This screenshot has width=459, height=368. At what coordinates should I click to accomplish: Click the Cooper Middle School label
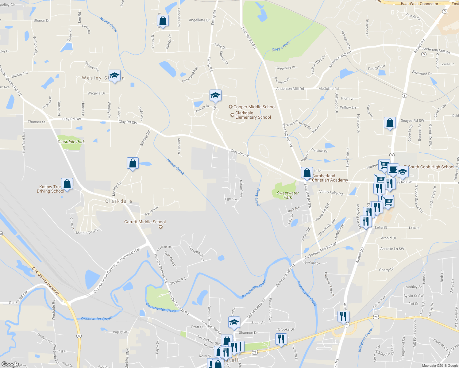[x=254, y=107]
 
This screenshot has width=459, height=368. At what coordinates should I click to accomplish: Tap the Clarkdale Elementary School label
[x=253, y=115]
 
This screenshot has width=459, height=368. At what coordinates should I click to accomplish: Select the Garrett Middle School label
[x=145, y=222]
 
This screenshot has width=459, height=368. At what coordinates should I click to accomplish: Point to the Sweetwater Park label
[x=287, y=195]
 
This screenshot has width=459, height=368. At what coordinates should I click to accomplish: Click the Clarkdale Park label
[x=71, y=142]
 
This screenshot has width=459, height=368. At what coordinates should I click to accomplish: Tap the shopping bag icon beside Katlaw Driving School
[x=67, y=184]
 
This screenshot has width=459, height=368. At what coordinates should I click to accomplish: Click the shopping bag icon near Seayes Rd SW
[x=390, y=123]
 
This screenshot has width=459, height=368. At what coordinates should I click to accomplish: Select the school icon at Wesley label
[x=114, y=76]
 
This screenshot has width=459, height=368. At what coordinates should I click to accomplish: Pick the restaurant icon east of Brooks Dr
[x=281, y=339]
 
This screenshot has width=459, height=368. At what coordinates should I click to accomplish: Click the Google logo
[x=10, y=364]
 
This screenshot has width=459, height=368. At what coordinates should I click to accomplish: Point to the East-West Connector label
[x=419, y=4]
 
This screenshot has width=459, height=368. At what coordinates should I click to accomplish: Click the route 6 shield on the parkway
[x=79, y=336]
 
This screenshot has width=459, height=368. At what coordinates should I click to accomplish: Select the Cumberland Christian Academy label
[x=330, y=178]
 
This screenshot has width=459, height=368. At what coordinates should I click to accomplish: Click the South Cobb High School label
[x=431, y=167]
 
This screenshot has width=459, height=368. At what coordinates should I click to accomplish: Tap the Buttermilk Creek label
[x=365, y=340]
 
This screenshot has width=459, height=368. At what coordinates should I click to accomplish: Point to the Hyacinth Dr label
[x=151, y=211]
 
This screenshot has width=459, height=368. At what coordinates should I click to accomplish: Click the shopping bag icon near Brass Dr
[x=163, y=21]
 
